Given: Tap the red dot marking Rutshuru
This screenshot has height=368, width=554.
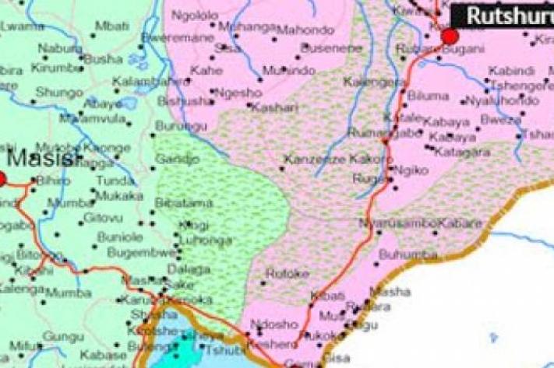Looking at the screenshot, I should [x=449, y=36].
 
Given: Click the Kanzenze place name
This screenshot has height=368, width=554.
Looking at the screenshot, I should [x=309, y=160].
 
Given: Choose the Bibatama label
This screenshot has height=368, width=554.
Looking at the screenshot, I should [x=184, y=203].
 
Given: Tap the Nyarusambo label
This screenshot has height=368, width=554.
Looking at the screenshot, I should [x=397, y=223].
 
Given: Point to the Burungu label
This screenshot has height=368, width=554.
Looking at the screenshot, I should [x=177, y=125].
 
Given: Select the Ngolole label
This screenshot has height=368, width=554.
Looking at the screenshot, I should [x=194, y=16].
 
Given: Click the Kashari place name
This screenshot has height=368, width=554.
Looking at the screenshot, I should [x=276, y=107].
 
